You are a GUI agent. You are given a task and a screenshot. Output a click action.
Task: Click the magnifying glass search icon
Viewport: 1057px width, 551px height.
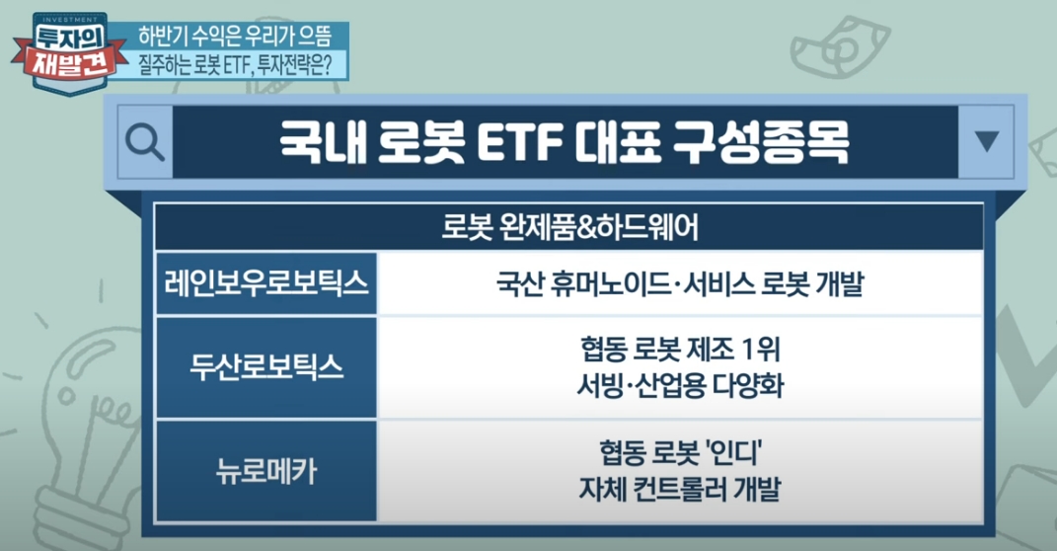click(145, 142)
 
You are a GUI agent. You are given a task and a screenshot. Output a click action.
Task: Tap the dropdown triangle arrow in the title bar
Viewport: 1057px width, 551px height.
click(986, 140)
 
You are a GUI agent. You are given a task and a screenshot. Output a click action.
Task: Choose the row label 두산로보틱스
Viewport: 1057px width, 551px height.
click(266, 368)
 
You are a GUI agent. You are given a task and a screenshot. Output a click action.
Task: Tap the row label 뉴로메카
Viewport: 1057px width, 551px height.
click(266, 471)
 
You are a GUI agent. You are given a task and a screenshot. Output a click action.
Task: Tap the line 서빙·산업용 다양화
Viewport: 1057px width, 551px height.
click(680, 386)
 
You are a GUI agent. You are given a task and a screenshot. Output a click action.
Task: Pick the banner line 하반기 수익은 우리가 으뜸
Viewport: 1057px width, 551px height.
click(235, 36)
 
